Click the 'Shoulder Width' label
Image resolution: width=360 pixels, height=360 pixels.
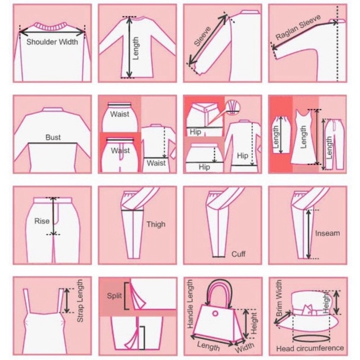click(52, 42)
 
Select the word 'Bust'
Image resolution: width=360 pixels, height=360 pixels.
click(53, 137)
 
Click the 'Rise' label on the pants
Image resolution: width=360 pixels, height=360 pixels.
click(42, 221)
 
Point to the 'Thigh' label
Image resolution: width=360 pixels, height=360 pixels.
click(156, 224)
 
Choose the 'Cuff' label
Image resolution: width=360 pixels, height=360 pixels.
click(238, 254)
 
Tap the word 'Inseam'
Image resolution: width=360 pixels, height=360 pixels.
click(327, 233)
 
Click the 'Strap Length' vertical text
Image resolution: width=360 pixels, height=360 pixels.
click(80, 301)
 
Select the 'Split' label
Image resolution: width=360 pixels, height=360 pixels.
click(114, 296)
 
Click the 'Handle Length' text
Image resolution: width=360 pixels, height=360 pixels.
click(190, 304)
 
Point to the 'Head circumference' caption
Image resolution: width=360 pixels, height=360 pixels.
click(310, 348)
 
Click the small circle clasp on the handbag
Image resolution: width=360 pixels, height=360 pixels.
click(215, 313)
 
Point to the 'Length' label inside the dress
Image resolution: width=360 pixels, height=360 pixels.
click(303, 137)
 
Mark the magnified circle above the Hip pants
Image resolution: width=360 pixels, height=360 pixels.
click(233, 107)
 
